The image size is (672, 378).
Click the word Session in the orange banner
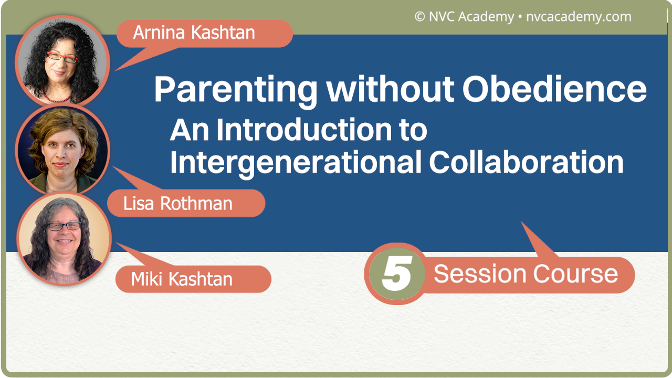480,274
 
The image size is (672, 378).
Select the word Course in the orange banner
575,274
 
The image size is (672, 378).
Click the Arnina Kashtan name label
194,33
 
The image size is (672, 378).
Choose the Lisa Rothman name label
178,204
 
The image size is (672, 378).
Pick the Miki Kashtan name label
182,279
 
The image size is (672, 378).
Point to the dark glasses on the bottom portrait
64,226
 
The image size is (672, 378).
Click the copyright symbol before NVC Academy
419,17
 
